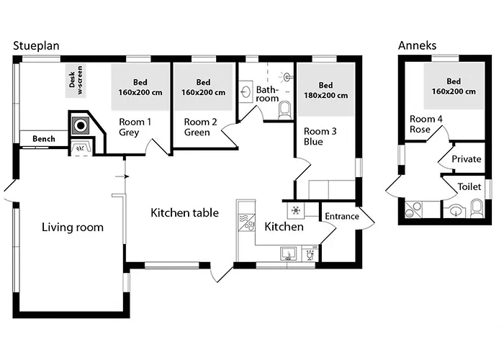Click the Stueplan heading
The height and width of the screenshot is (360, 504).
[x=36, y=46]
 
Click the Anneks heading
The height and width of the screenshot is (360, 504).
[x=418, y=46]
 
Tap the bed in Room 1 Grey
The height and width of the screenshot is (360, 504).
[x=140, y=87]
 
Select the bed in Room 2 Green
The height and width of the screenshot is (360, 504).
[x=203, y=87]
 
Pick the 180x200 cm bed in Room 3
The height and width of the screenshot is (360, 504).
[x=326, y=89]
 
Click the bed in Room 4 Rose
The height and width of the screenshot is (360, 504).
[x=453, y=86]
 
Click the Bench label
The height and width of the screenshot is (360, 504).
[x=43, y=138]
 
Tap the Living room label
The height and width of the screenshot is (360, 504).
[x=72, y=228]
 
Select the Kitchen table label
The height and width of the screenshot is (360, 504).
[x=181, y=213]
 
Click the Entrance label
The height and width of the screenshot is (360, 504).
[x=342, y=217]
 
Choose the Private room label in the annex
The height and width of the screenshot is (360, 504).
[x=466, y=159]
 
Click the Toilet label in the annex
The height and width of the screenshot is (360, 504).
[x=469, y=186]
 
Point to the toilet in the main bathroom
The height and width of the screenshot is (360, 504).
[x=284, y=110]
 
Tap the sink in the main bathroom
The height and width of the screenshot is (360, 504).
[x=246, y=91]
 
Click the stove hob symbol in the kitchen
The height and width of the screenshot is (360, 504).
[x=294, y=210]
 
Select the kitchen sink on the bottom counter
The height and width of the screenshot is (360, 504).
[x=288, y=253]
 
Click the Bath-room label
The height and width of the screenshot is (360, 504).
[x=267, y=94]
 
